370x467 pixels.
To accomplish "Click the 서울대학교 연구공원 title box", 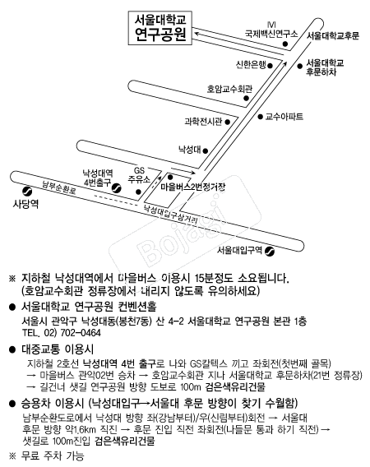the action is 160,28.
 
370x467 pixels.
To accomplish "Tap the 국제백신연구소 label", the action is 271,34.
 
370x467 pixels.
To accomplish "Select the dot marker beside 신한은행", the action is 271,66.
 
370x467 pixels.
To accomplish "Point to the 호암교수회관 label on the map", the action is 229,89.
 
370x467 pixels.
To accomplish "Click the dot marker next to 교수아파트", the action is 261,117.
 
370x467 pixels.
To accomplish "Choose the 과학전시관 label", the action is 203,122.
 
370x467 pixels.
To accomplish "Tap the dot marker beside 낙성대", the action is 206,151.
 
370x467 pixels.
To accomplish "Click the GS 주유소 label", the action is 139,175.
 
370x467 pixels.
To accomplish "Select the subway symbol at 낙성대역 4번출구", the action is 117,188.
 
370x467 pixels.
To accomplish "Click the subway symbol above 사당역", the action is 27,191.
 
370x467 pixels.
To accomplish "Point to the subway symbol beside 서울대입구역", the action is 270,252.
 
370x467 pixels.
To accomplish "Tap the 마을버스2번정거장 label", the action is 193,187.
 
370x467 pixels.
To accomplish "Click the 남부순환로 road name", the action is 58,187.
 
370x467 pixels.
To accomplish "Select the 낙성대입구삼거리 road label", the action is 170,215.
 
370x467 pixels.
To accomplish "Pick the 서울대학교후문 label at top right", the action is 333,35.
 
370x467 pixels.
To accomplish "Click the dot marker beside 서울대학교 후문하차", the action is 299,66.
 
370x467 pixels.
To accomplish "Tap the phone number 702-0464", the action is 81,333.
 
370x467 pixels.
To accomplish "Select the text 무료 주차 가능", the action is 53,456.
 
